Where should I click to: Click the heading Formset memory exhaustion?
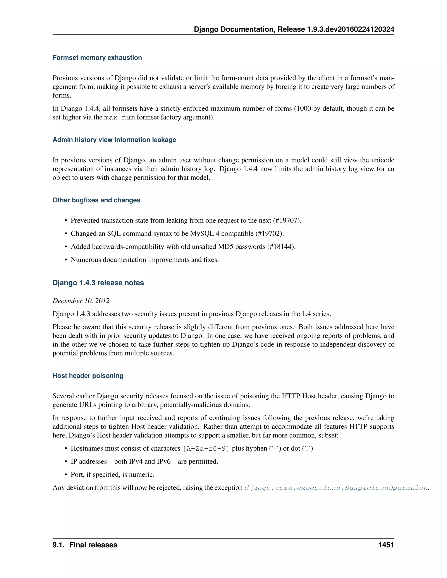[97, 58]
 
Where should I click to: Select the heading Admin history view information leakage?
[114, 140]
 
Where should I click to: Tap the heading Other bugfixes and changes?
[96, 200]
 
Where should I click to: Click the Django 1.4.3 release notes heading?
[98, 283]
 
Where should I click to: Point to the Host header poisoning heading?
[88, 376]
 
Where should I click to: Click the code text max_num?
[119, 118]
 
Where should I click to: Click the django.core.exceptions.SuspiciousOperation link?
[336, 488]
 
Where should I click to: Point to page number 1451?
[386, 545]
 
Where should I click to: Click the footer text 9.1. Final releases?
[85, 545]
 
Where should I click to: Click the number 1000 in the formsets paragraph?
[304, 108]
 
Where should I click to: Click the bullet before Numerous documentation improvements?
[66, 260]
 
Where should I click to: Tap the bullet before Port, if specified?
[66, 475]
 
